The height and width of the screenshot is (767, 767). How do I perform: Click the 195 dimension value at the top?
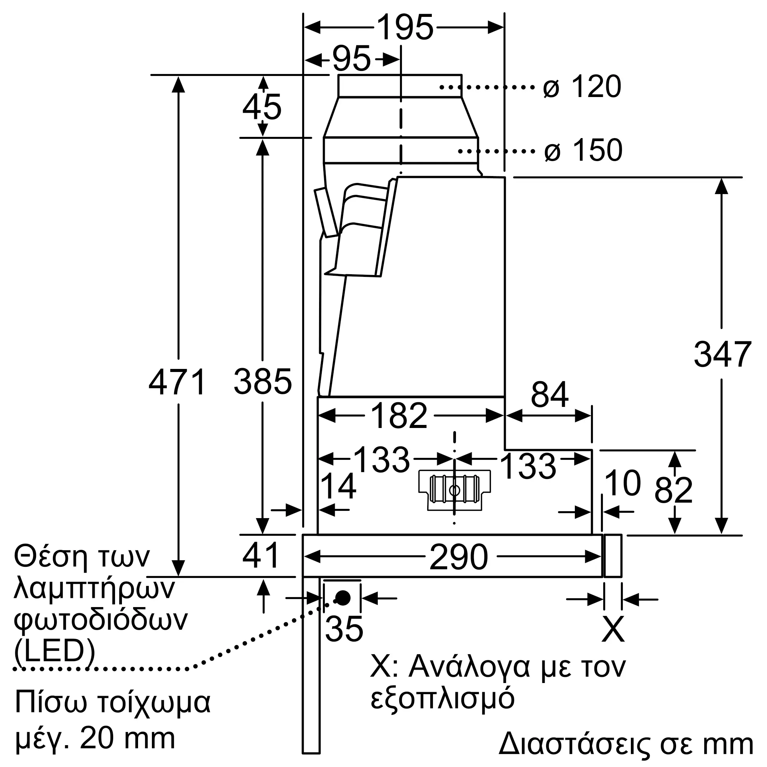point(405,27)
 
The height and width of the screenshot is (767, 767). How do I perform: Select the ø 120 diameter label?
point(582,86)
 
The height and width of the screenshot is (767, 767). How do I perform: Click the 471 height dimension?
point(178,382)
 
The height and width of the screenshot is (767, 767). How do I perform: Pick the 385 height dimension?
point(263,382)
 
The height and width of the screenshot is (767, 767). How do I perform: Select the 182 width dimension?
point(399,416)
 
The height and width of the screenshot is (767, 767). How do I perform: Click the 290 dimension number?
point(459,557)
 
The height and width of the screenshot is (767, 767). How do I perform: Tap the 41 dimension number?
point(261,556)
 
